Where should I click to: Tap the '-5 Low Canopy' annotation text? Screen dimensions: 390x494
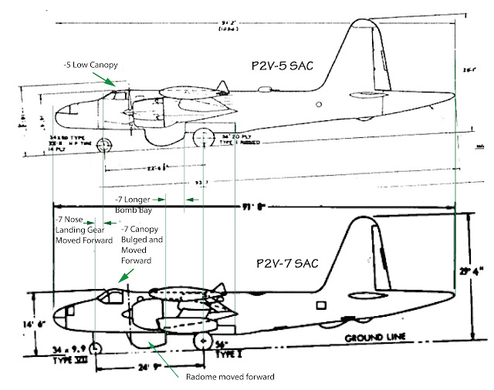pos(89,63)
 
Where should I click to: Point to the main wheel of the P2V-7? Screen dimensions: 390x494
pos(203,340)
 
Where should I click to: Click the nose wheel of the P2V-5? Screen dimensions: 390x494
pos(103,145)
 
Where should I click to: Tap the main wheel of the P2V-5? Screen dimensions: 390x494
pos(203,140)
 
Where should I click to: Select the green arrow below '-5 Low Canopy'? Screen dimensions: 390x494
pos(113,79)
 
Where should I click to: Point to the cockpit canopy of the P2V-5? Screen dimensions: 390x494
pos(114,96)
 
